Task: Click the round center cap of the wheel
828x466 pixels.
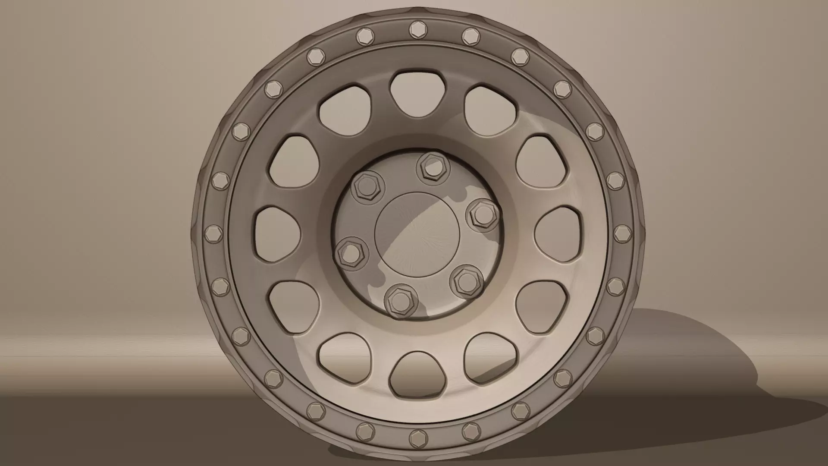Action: [417, 233]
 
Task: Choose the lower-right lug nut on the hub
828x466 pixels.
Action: [465, 280]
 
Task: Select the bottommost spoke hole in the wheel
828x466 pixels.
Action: [417, 374]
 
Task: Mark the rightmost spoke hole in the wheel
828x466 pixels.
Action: [557, 233]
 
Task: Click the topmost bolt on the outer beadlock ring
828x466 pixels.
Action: [417, 29]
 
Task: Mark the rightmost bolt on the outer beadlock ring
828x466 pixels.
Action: [621, 233]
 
